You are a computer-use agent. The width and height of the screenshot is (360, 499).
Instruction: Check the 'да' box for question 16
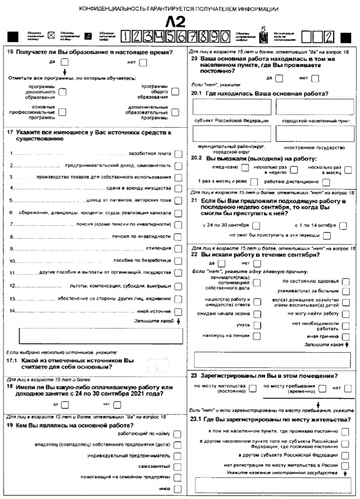point(65,62)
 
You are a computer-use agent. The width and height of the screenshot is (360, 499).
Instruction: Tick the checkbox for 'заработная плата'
point(178,154)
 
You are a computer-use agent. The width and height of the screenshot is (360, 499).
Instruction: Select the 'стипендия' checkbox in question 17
point(178,248)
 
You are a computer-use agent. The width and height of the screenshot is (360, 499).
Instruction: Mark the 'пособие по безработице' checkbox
point(178,261)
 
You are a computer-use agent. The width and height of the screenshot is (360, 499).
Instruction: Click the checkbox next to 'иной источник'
point(178,311)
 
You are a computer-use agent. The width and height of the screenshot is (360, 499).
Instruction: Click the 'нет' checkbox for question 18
point(117,404)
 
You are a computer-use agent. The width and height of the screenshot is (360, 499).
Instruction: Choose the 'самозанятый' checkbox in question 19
point(178,466)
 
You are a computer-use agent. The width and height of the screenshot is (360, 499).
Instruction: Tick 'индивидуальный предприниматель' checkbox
point(178,455)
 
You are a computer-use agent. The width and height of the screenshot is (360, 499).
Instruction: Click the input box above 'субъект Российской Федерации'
point(232,107)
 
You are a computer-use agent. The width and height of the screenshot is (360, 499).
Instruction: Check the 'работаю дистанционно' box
point(326,182)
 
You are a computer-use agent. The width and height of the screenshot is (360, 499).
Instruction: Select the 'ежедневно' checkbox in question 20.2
point(245,168)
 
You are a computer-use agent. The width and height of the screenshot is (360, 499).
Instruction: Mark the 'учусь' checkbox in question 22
point(257,325)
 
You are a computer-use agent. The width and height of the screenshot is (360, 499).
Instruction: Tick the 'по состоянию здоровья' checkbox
point(346,281)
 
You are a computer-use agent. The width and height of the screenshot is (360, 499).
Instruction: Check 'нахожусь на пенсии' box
point(257,336)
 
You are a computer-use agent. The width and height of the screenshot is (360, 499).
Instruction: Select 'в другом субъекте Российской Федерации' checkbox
point(345,455)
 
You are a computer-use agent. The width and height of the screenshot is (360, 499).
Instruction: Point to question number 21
point(194,201)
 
